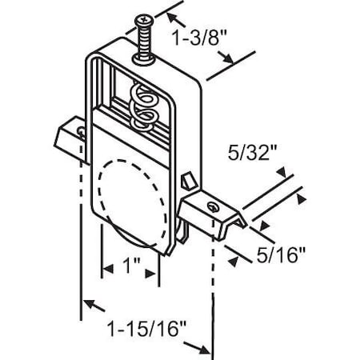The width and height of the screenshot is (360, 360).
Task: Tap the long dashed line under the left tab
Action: pyautogui.click(x=82, y=224)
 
